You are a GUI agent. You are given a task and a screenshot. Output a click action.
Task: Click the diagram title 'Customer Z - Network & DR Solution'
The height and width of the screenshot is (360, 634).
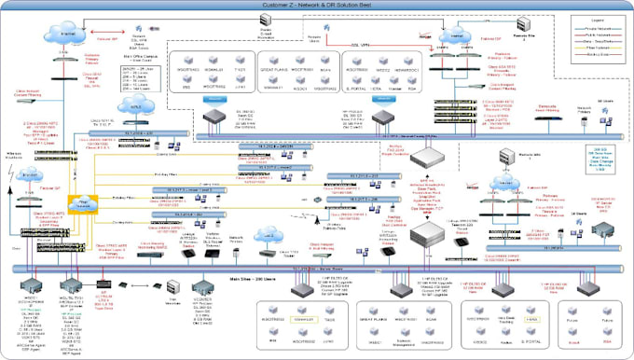317,7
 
